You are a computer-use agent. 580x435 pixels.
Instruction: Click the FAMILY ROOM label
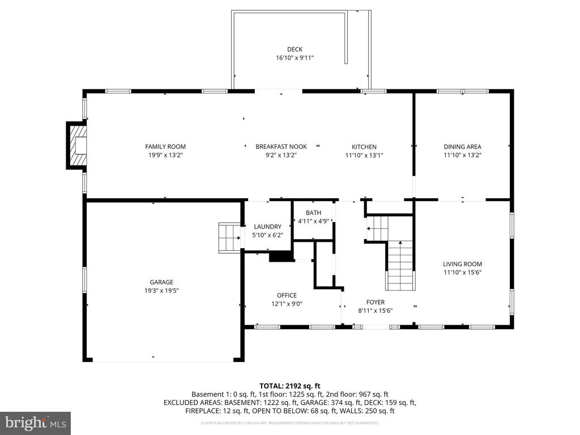coord(165,147)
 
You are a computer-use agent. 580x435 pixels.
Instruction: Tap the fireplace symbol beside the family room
coord(78,146)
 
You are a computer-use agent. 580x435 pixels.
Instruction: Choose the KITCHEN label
coord(364,147)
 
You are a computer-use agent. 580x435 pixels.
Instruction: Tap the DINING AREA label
coord(462,147)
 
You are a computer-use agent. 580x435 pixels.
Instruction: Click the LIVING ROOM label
coord(462,264)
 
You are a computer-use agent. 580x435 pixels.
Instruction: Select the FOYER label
coord(376,302)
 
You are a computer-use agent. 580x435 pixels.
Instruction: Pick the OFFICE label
coord(287,295)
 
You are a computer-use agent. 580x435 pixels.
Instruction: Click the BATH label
coord(313,213)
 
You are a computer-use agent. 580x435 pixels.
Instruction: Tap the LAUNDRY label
coord(267,227)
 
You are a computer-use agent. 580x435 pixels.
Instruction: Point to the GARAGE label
coord(161,282)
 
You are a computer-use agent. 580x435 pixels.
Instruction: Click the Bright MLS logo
coord(35,423)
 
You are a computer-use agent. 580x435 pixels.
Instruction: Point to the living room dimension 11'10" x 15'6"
coord(462,272)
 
